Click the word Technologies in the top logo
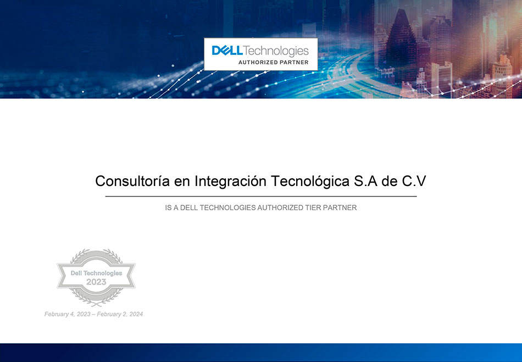[x=275, y=51]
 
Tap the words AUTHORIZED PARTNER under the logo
[x=273, y=62]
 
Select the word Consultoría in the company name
[x=132, y=181]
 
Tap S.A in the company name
[x=365, y=181]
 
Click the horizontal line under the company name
[x=260, y=196]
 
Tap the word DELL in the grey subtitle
[x=191, y=208]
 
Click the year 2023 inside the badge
[x=96, y=282]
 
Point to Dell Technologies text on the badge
[x=96, y=273]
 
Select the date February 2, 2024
[x=120, y=314]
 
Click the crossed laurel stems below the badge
[x=96, y=302]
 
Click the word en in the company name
[x=182, y=182]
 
